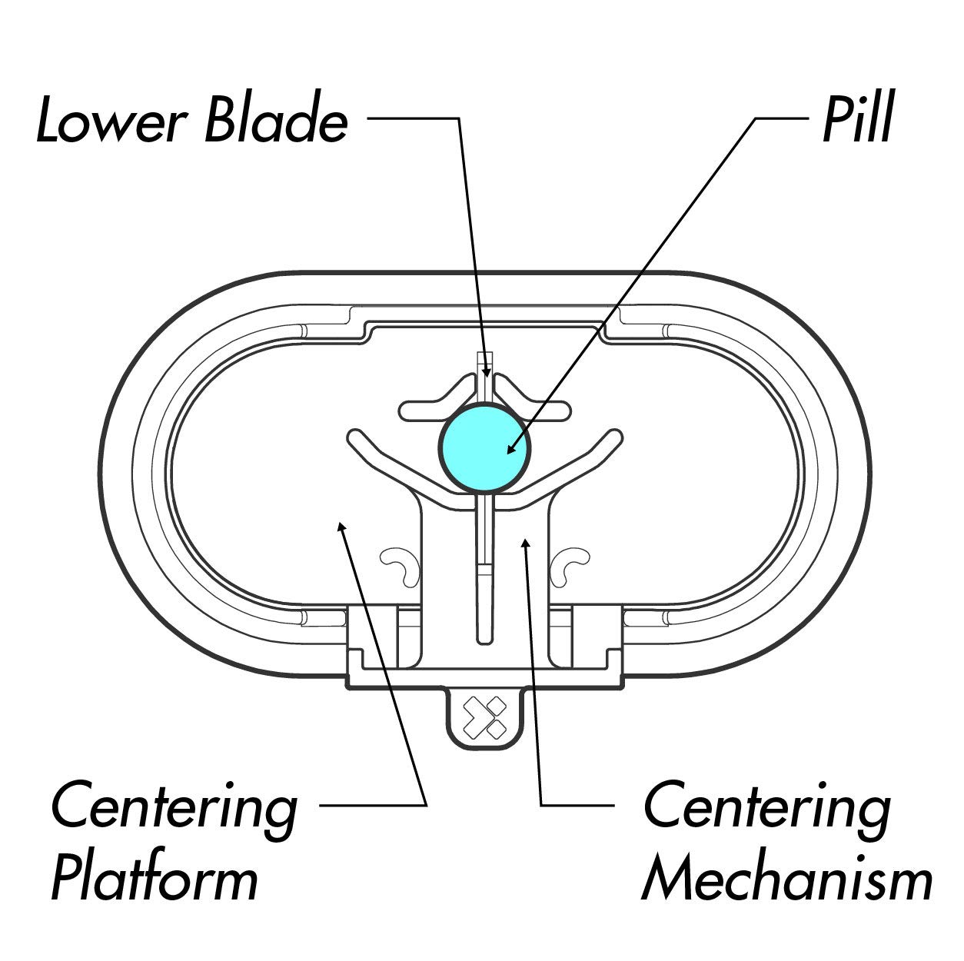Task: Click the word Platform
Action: (x=154, y=880)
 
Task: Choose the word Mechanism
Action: (x=786, y=880)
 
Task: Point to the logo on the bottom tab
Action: (x=485, y=717)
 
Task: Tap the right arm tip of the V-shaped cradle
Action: (x=615, y=437)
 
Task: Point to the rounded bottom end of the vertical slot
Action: (x=484, y=637)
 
